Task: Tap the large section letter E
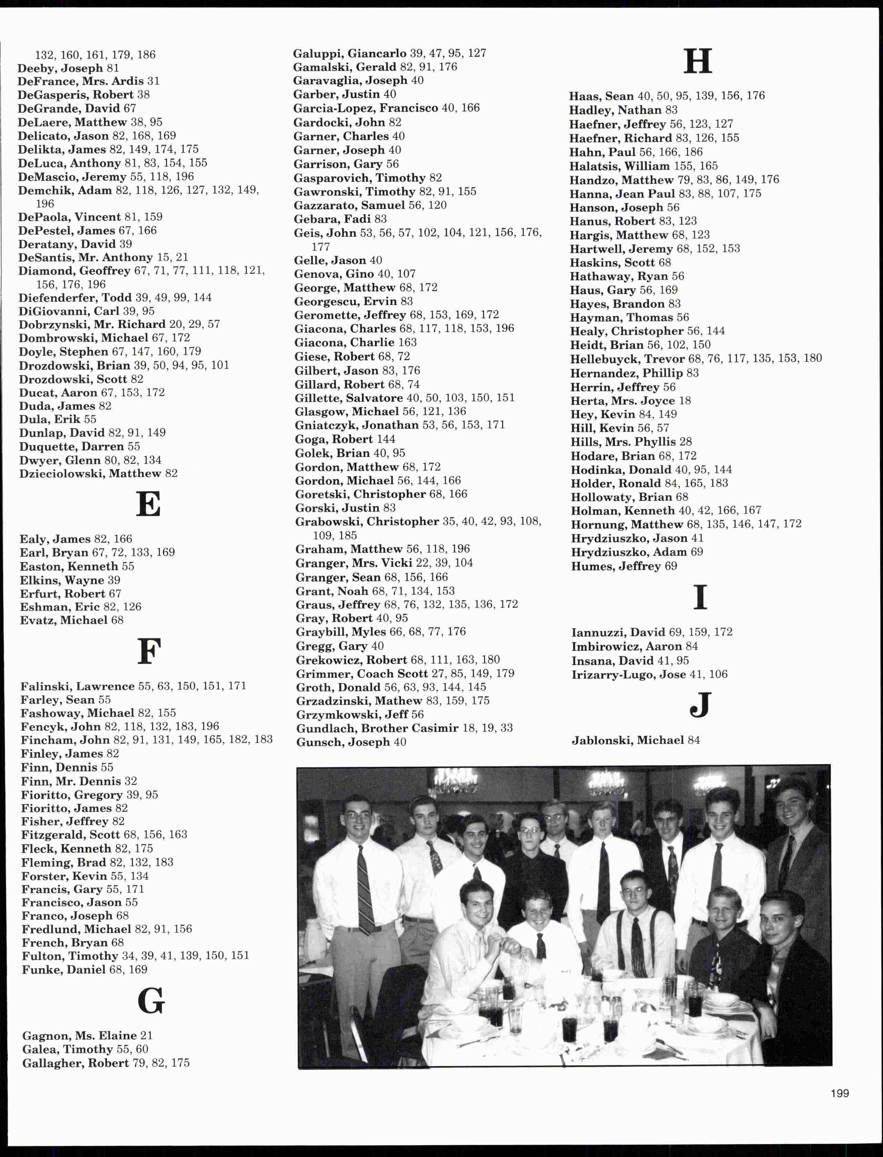point(148,504)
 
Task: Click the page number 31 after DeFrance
point(153,81)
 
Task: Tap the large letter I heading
point(700,597)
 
